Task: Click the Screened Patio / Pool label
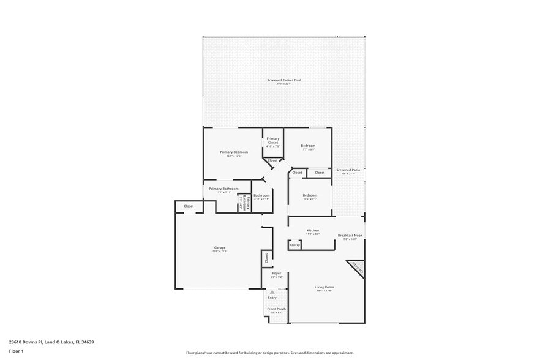tap(284, 80)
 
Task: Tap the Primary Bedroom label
tap(234, 152)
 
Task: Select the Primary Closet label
tap(273, 140)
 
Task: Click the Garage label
tap(220, 247)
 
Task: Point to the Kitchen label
tap(313, 230)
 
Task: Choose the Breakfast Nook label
tap(350, 236)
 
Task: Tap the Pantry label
tap(294, 245)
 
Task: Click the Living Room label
tap(324, 287)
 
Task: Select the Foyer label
tap(277, 273)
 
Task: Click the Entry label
tap(272, 298)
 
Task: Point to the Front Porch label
tap(277, 309)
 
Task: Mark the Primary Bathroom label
tap(223, 189)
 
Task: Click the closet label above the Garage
tap(189, 206)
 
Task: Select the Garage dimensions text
tap(220, 252)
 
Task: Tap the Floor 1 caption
tap(16, 351)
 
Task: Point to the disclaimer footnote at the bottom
tap(270, 353)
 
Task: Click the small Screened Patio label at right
tap(348, 170)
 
